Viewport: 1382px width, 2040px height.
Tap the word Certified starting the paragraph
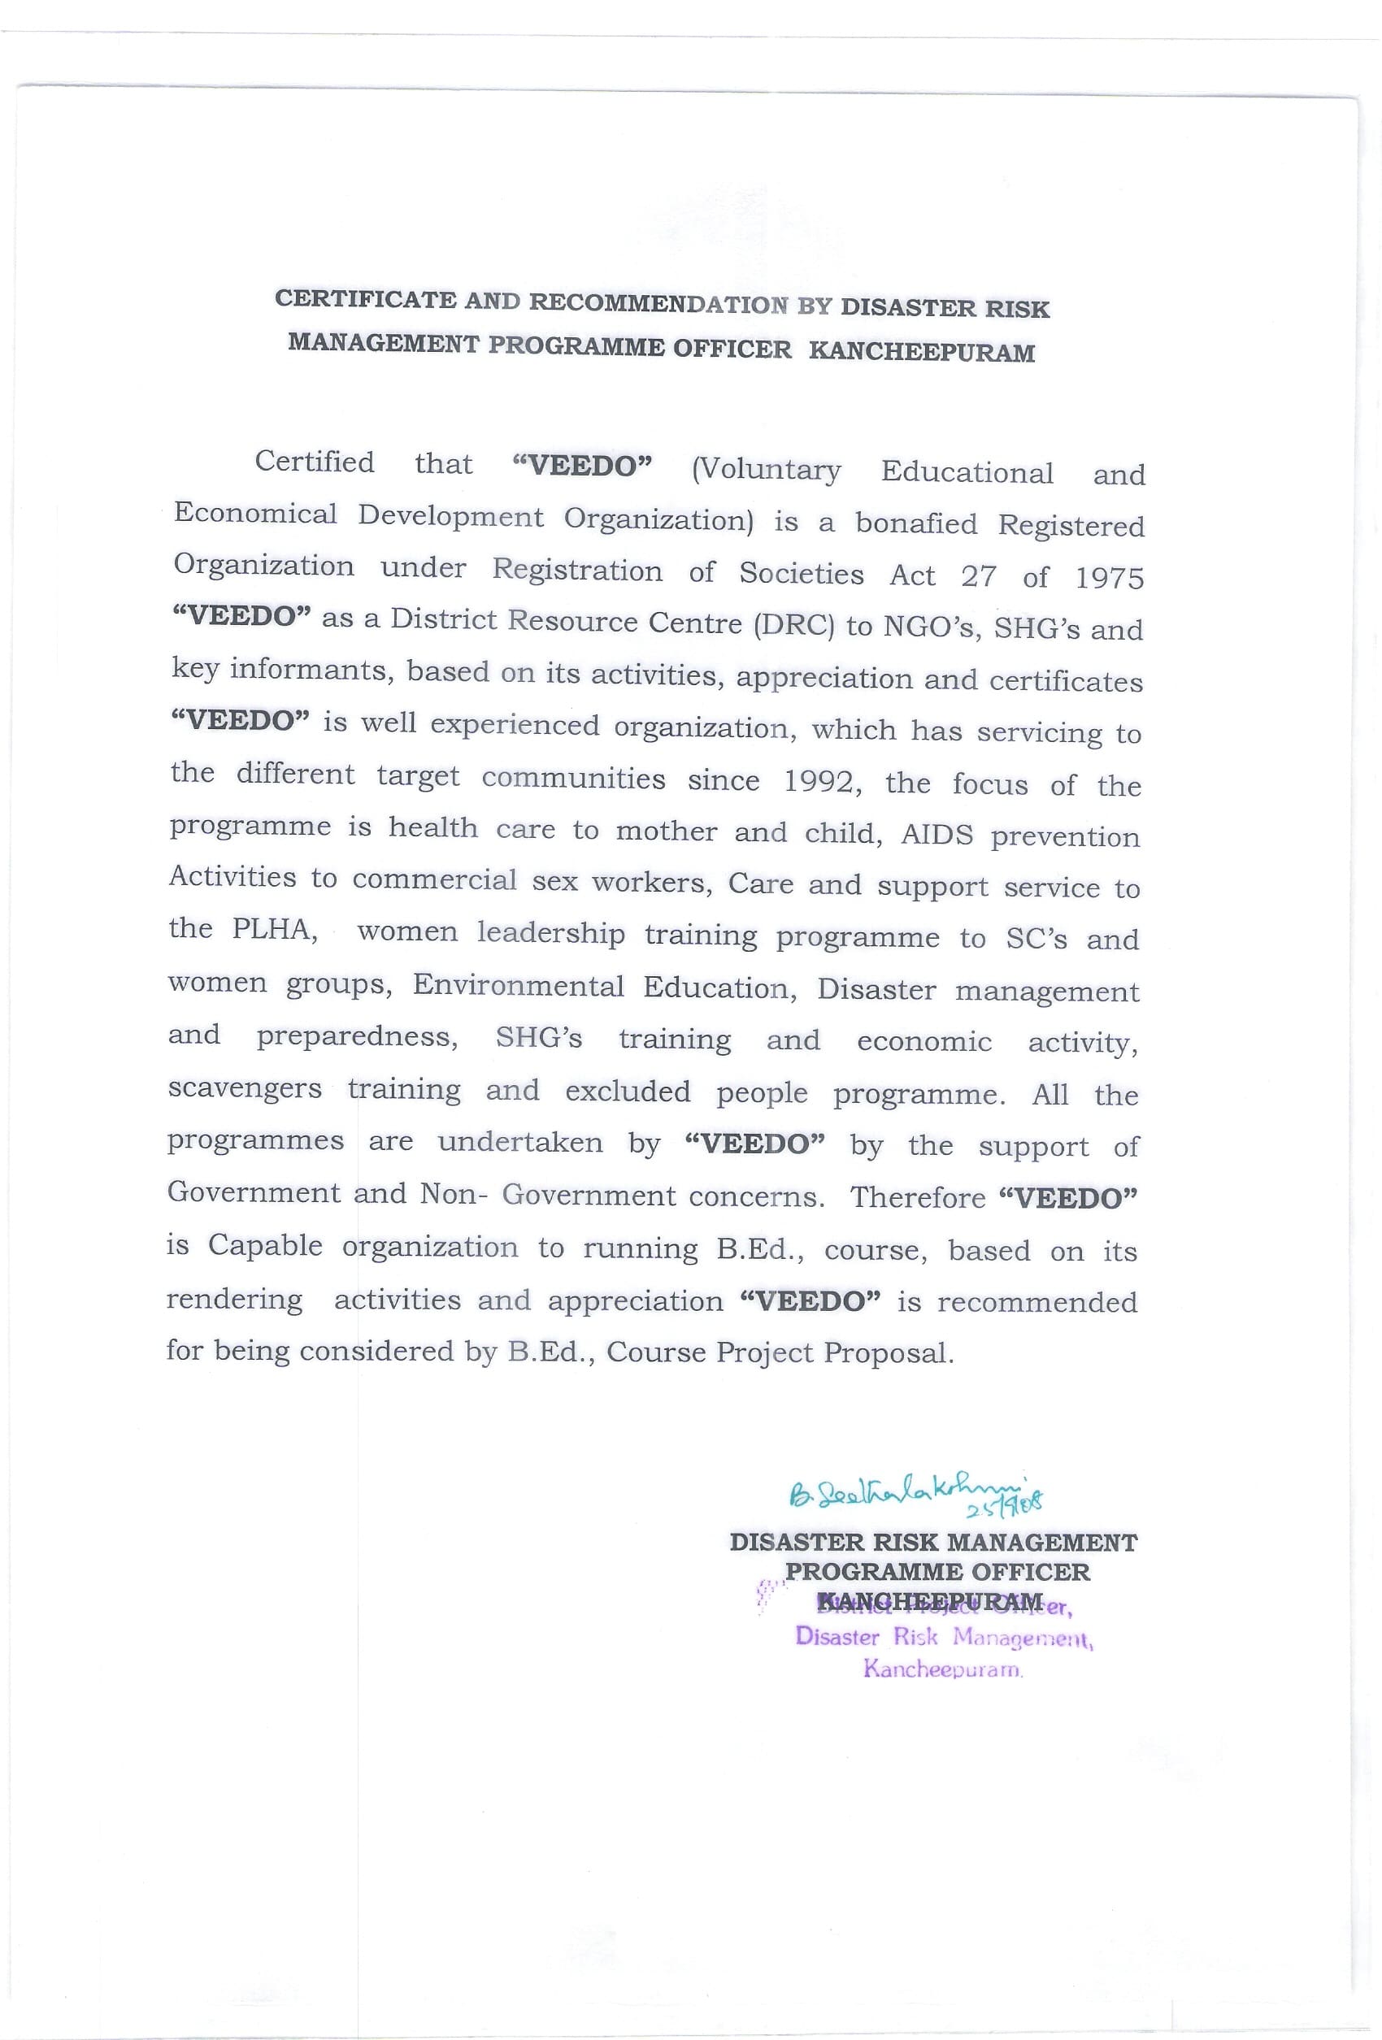pyautogui.click(x=315, y=462)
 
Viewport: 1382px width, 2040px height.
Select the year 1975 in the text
pyautogui.click(x=1110, y=578)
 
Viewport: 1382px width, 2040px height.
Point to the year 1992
pyautogui.click(x=819, y=781)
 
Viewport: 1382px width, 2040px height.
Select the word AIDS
pyautogui.click(x=937, y=834)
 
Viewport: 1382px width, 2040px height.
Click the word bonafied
pyautogui.click(x=915, y=523)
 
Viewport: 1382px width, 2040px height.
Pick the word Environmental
pyautogui.click(x=518, y=986)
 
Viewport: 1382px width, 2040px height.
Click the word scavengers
pyautogui.click(x=245, y=1088)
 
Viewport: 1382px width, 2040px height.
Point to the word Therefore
pyautogui.click(x=918, y=1197)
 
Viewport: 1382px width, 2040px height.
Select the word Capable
pyautogui.click(x=265, y=1246)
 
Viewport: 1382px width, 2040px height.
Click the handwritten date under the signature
pyautogui.click(x=1003, y=1508)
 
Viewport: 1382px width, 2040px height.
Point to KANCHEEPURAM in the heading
pyautogui.click(x=921, y=352)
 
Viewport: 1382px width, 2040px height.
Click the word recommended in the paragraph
pyautogui.click(x=1037, y=1302)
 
